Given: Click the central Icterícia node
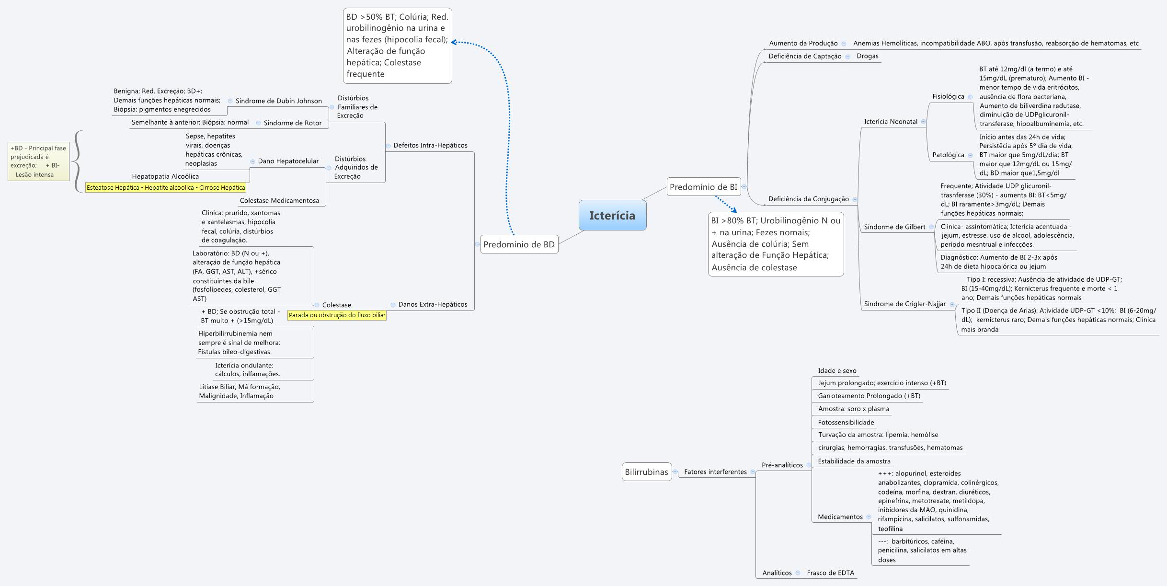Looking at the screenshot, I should click(612, 215).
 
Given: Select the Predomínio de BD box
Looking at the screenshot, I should click(519, 244).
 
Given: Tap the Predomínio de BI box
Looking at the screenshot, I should click(703, 187).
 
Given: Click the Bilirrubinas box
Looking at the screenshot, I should click(646, 472).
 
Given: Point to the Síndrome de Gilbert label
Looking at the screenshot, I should click(894, 227).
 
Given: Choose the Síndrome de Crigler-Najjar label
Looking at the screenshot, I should click(904, 304).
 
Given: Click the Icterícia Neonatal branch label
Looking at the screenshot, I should click(891, 122).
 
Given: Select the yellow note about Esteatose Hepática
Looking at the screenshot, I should click(166, 188).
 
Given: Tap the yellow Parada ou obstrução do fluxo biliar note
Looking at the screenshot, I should click(337, 315).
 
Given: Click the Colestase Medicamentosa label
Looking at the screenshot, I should click(279, 201).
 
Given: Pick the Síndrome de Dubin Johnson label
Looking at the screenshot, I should click(279, 101).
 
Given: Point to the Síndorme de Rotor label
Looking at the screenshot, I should click(293, 123).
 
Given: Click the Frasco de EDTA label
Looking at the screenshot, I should click(830, 573).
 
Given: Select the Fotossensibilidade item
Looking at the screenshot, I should click(846, 423).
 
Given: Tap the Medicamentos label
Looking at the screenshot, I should click(840, 517).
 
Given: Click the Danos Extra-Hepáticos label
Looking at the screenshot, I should click(433, 304).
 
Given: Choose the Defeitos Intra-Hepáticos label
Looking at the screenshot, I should click(430, 145).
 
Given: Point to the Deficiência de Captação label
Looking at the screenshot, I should click(805, 56).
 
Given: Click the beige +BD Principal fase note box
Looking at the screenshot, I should click(38, 161).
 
